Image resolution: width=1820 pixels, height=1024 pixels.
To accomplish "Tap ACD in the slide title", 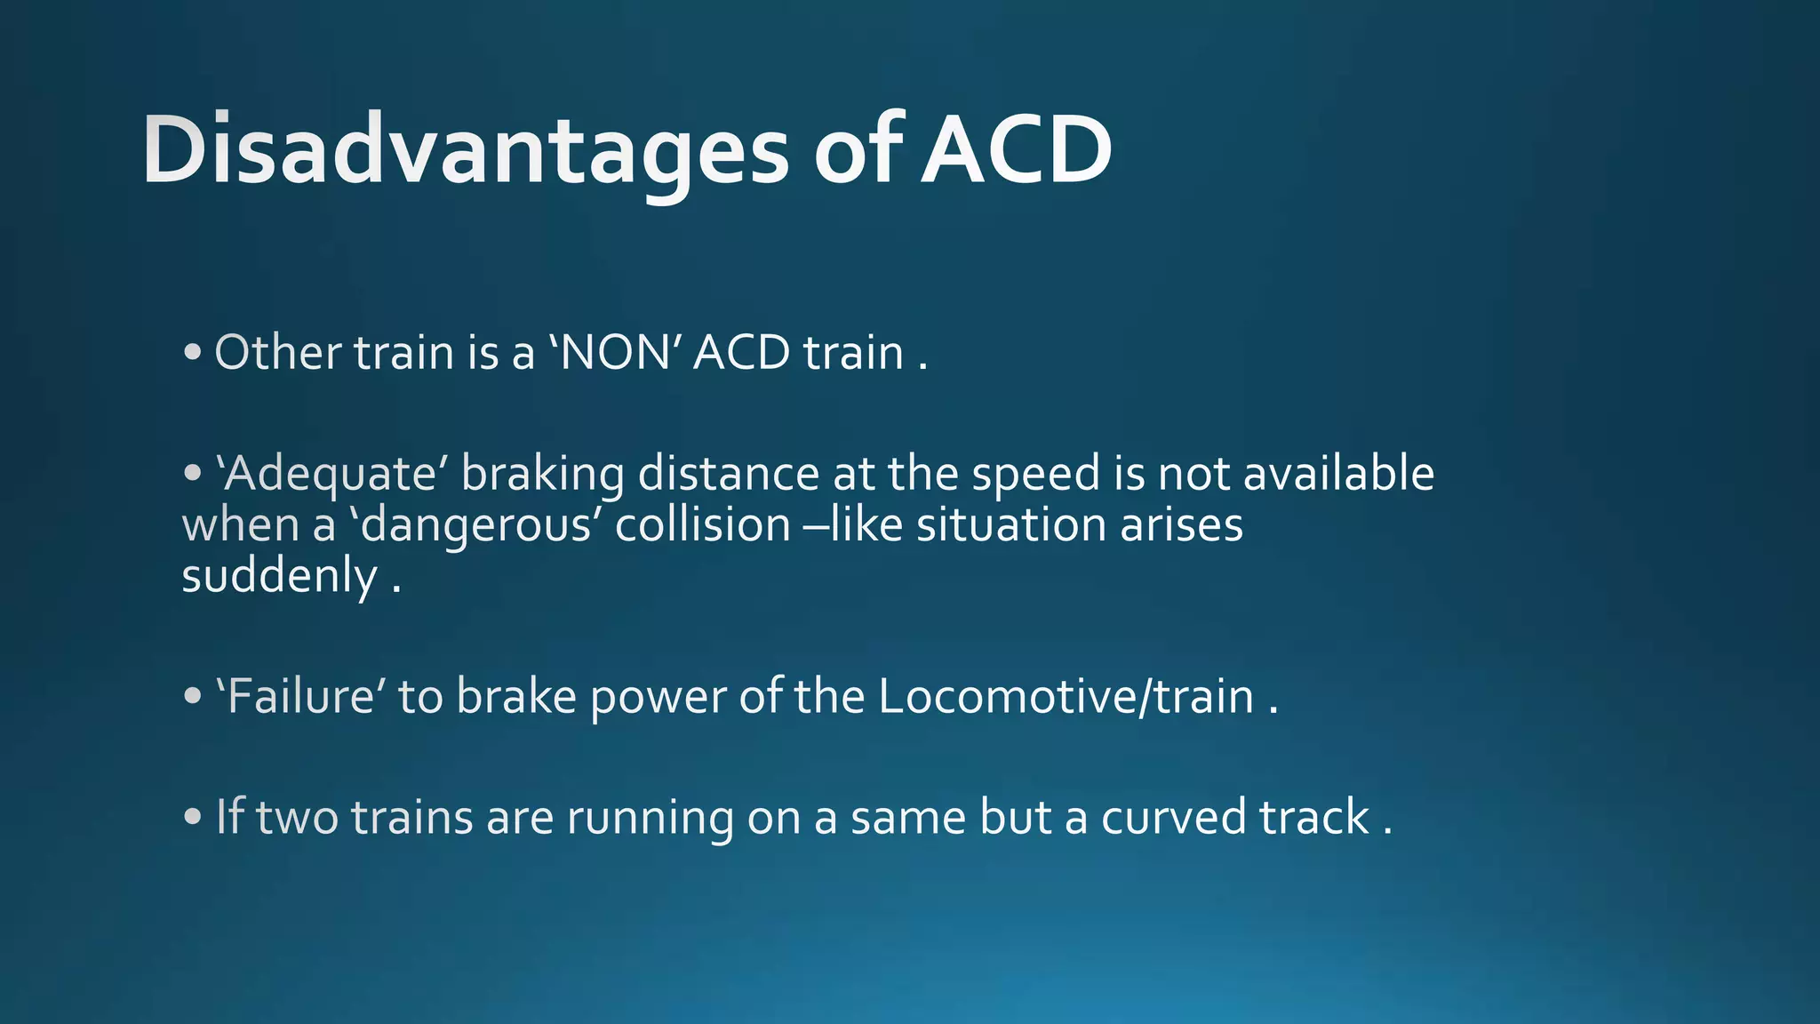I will click(1016, 151).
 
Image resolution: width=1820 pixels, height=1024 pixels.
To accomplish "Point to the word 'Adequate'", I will click(331, 474).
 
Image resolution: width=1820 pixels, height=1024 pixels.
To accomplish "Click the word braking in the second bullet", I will click(542, 474).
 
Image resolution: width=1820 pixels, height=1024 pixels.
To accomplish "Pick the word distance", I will click(728, 474).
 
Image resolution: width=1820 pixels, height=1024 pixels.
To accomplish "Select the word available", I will click(1338, 474).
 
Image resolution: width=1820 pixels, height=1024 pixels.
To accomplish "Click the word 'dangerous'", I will click(475, 525).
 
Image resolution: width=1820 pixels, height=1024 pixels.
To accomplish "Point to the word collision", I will click(703, 525).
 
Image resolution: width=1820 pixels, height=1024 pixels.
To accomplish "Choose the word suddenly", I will click(280, 577).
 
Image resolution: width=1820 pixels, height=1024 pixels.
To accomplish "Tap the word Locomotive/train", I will click(1066, 696).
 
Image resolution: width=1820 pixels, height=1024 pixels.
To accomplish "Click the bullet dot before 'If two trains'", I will click(193, 818).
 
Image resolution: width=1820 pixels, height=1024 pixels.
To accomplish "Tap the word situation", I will click(1010, 525).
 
